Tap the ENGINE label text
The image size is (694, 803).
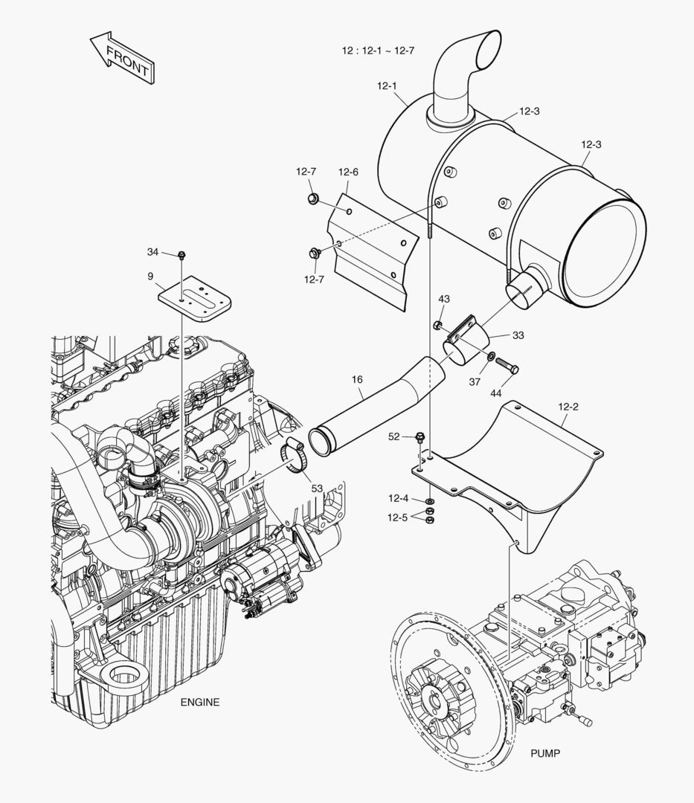[x=200, y=702]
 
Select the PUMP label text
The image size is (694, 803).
[x=545, y=753]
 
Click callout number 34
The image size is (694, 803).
[x=153, y=252]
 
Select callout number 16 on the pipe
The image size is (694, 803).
[x=357, y=379]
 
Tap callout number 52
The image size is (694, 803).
[x=394, y=436]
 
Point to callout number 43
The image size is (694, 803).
[x=444, y=299]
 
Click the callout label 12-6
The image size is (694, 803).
[x=348, y=172]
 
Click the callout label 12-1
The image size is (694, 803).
[x=387, y=86]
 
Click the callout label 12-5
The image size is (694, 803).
[x=398, y=517]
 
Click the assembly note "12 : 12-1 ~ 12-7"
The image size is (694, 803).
[x=378, y=51]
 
